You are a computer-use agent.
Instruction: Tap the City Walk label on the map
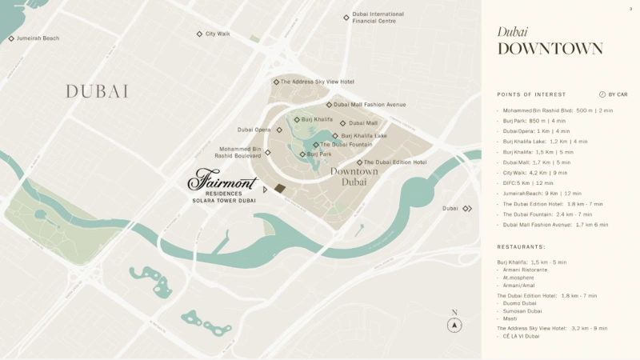click(218, 34)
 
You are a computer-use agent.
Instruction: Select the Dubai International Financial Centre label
click(378, 17)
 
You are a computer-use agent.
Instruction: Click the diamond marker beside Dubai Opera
click(279, 130)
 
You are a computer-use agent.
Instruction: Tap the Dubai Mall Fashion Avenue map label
click(369, 105)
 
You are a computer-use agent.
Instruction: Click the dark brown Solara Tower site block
click(280, 189)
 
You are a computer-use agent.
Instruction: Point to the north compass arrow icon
click(454, 325)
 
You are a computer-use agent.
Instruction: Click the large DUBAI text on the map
click(97, 92)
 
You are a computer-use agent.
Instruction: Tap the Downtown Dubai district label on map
click(354, 177)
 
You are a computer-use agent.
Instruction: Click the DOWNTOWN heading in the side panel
click(550, 49)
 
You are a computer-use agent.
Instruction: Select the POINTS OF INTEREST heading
click(531, 94)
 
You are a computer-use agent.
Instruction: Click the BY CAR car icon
click(602, 94)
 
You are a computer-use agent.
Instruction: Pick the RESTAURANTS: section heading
click(521, 247)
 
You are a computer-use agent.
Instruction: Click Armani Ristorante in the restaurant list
click(526, 270)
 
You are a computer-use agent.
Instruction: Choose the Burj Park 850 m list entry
click(534, 120)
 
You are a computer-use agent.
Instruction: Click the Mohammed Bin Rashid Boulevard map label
click(238, 152)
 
